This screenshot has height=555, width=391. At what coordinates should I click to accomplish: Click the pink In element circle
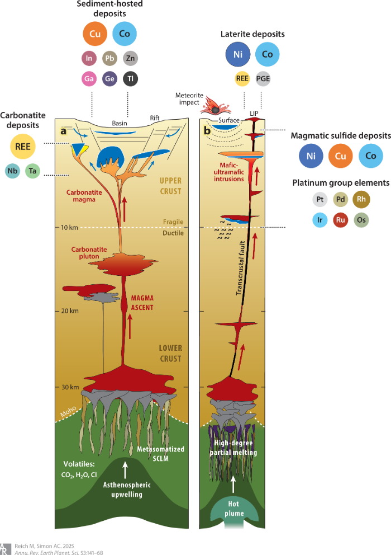click(91, 58)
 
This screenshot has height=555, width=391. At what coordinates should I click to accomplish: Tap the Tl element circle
click(129, 79)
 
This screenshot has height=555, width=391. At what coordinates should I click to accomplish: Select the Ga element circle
click(91, 79)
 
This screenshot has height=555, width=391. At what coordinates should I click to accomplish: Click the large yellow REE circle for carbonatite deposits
click(23, 146)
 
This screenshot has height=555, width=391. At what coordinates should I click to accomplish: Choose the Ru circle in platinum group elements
click(340, 220)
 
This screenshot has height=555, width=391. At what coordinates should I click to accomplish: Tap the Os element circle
click(363, 220)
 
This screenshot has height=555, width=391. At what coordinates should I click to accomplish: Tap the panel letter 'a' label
click(64, 131)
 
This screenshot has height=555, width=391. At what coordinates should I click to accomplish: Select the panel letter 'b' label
click(208, 131)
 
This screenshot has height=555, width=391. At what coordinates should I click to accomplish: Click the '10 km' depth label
click(66, 228)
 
